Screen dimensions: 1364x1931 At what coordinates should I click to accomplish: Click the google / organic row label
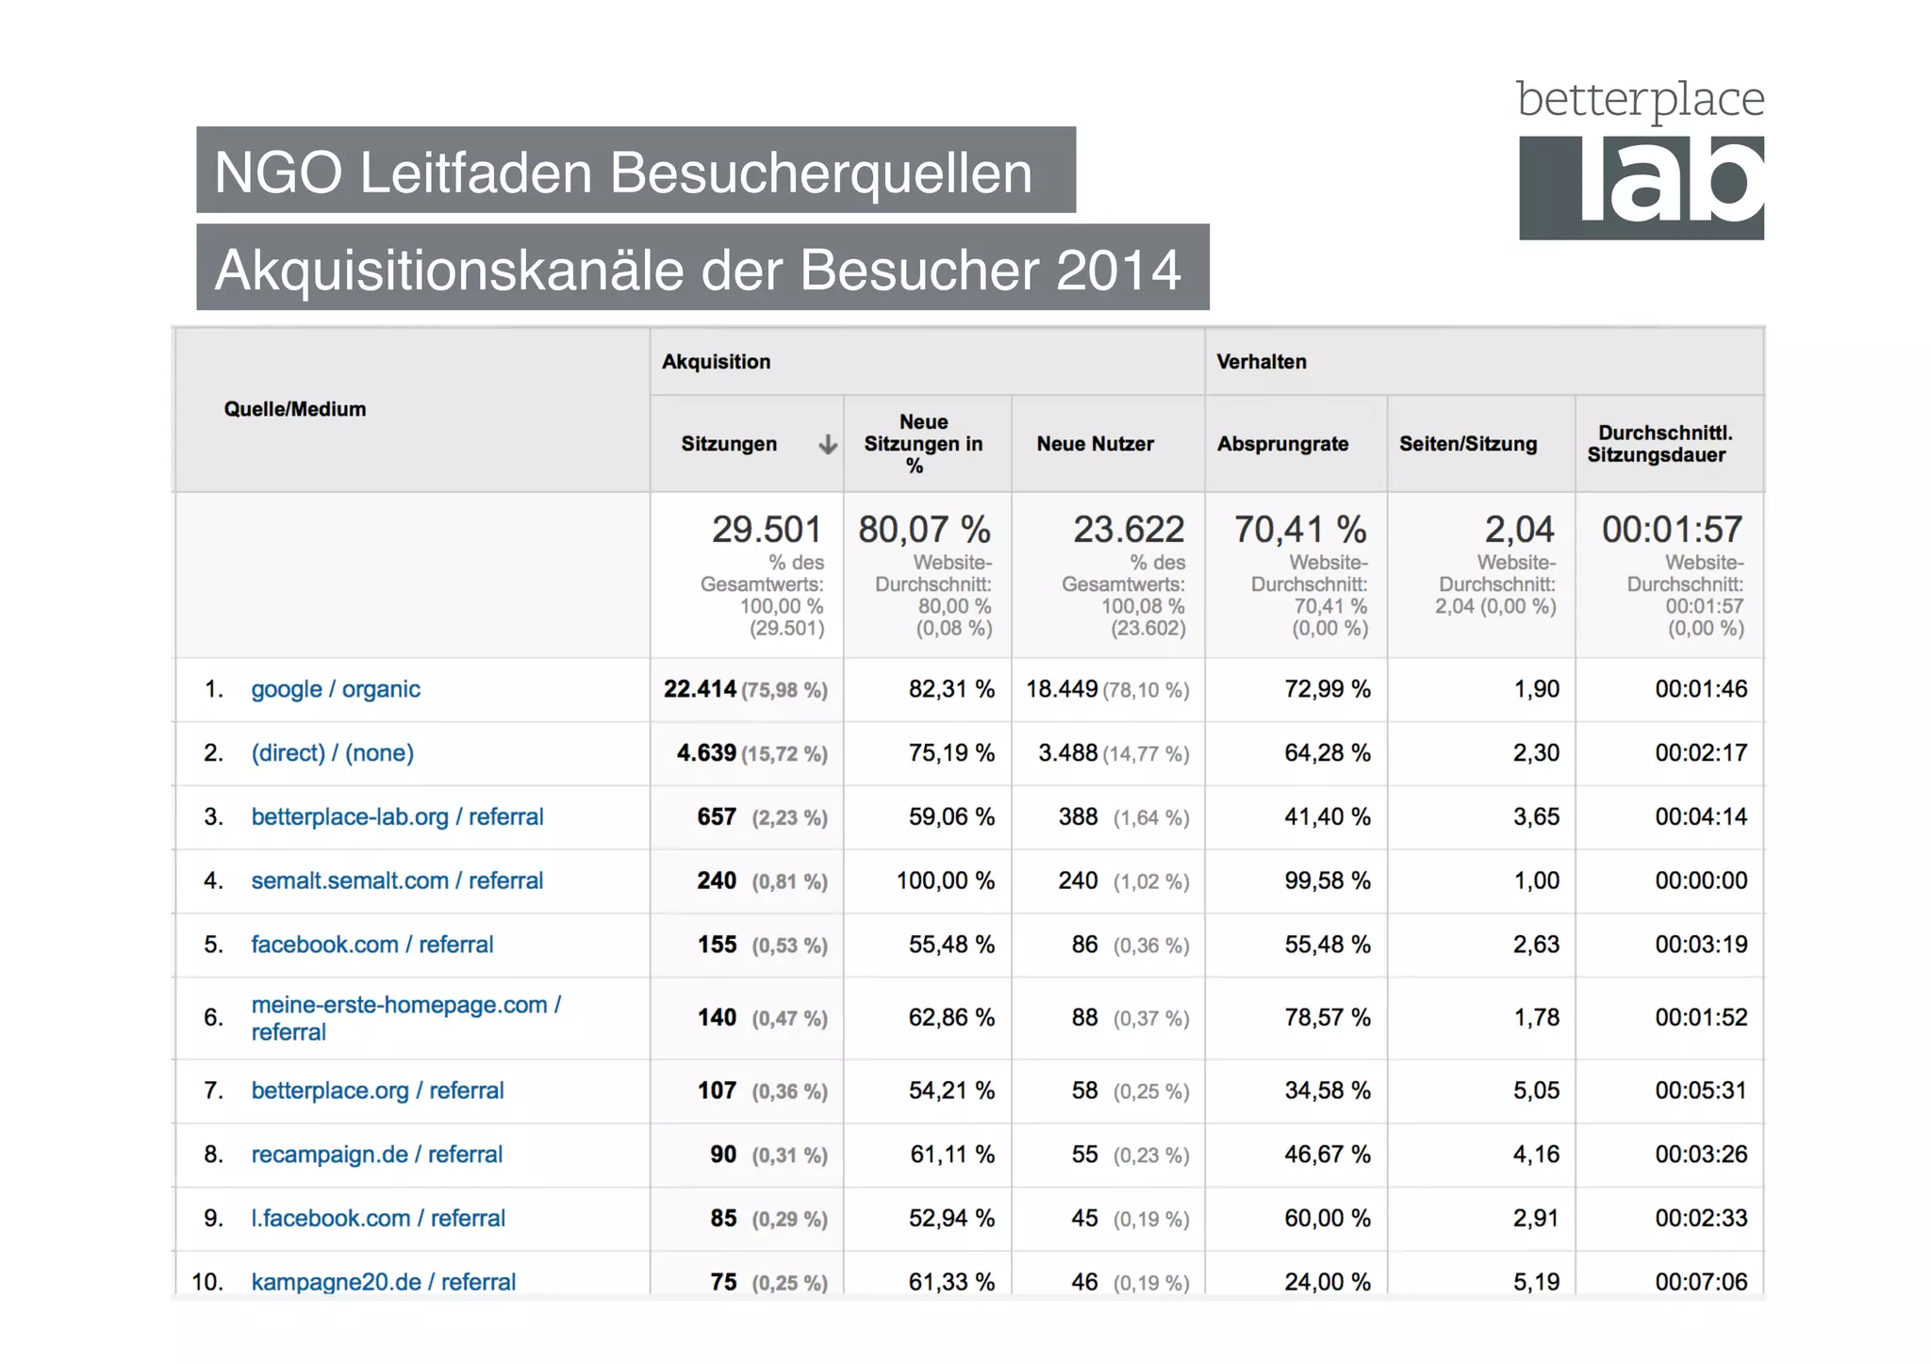335,689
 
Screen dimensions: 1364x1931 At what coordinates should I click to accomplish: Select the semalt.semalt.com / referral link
396,880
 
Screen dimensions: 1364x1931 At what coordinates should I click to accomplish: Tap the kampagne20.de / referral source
383,1282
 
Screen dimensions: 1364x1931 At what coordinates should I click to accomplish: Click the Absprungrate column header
1282,444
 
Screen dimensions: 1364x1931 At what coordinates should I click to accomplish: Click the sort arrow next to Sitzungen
827,444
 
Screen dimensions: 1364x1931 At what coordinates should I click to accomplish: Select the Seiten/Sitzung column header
1467,444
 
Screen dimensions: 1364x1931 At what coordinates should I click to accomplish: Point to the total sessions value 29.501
766,530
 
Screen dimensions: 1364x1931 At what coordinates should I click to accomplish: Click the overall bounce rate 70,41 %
1299,530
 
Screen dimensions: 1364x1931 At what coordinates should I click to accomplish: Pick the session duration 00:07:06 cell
1700,1282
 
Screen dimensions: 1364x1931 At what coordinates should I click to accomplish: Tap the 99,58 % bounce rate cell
1327,880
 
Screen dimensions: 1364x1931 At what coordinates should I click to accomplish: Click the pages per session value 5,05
1535,1091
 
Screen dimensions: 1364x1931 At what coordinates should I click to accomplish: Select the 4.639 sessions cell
706,753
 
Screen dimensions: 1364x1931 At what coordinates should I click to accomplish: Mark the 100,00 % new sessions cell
945,880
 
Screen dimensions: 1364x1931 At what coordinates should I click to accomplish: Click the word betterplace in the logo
1640,99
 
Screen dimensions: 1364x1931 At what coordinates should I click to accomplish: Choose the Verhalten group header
1261,362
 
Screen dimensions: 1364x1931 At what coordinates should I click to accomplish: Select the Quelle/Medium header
294,409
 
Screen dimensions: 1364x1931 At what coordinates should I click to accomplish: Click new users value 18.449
1062,689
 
